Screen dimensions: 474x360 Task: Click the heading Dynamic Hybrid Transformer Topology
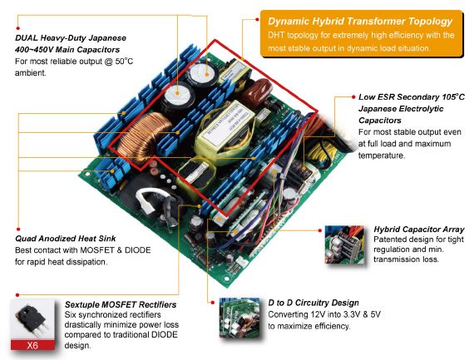coord(360,22)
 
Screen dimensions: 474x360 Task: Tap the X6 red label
coord(32,345)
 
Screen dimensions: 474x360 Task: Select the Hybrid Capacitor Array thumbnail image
coord(344,244)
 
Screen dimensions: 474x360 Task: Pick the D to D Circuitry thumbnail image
coord(239,318)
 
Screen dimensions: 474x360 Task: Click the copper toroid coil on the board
coord(143,136)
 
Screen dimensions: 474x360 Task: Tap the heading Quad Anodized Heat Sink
coord(66,239)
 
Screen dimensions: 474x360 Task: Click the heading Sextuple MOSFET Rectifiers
coord(121,304)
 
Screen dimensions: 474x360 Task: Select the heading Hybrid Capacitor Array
coord(419,229)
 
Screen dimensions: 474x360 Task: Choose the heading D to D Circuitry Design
coord(314,303)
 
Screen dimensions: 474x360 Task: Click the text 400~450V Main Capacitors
coord(67,50)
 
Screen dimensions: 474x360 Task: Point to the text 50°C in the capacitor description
coord(124,62)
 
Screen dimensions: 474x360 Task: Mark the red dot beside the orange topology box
coord(257,19)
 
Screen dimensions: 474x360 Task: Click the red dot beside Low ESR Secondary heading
coord(353,96)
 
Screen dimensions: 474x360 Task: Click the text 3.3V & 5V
coord(362,314)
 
